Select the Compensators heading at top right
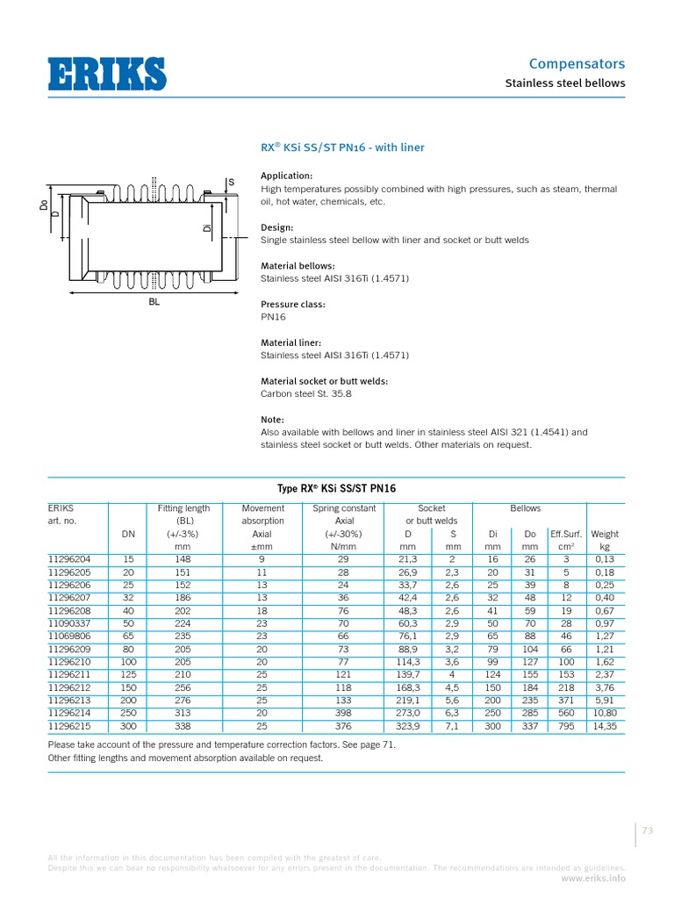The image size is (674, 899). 577,63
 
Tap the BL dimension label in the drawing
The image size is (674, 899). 154,300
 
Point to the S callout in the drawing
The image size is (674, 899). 232,183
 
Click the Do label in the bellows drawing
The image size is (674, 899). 43,205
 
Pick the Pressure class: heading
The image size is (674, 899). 293,305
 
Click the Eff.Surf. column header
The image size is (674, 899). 562,534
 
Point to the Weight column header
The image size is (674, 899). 605,534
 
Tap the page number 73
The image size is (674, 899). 649,831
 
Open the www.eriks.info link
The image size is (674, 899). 592,877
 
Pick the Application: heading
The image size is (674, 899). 287,176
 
